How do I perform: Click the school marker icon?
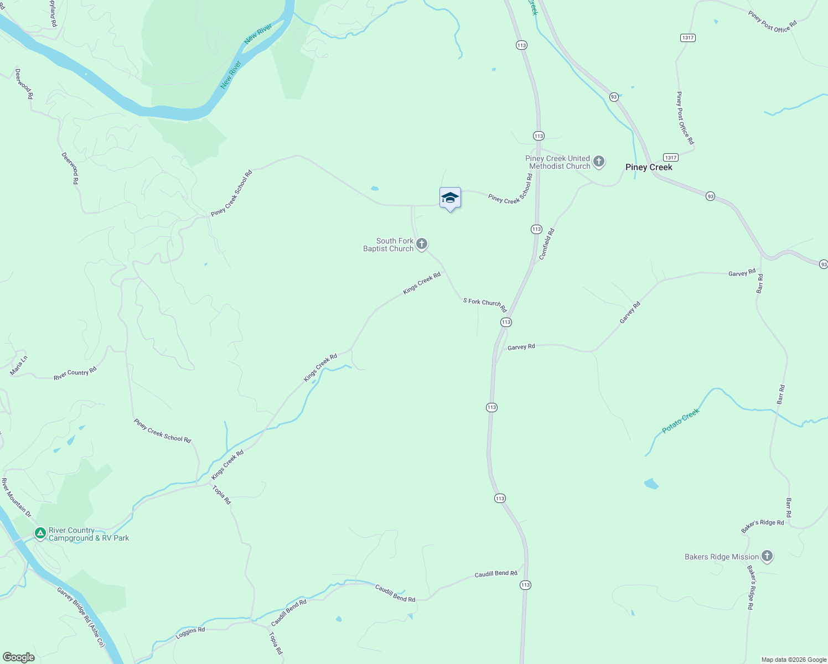(x=450, y=198)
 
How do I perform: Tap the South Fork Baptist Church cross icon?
(x=422, y=243)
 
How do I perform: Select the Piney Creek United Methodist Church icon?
(x=598, y=162)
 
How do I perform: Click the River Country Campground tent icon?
(x=40, y=533)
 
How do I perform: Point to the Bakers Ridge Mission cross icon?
(x=767, y=556)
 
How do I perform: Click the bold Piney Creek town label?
(x=649, y=167)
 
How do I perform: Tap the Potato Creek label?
(x=681, y=421)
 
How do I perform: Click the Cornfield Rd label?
(x=547, y=244)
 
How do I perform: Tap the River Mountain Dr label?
(x=16, y=498)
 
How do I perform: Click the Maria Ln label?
(x=18, y=366)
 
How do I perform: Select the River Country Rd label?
(x=75, y=373)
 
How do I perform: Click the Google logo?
(x=18, y=657)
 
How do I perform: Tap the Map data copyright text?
(x=794, y=660)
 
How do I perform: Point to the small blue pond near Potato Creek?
(x=651, y=484)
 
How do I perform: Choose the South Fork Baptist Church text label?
(x=389, y=245)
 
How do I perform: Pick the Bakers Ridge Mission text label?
(x=722, y=557)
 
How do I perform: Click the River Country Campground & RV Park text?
(x=89, y=534)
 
